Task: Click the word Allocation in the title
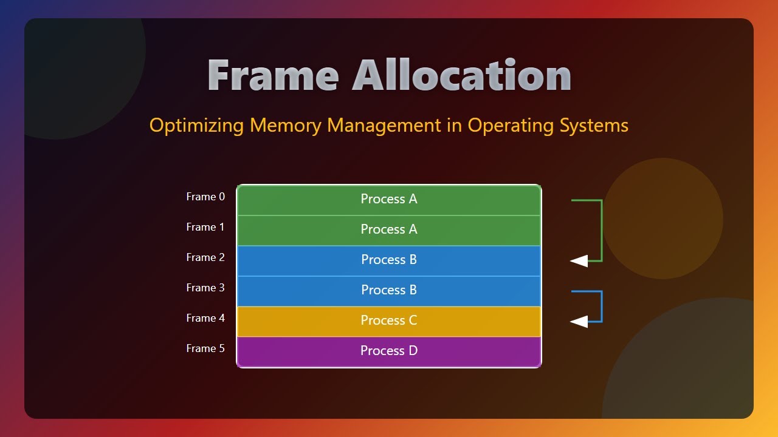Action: (462, 76)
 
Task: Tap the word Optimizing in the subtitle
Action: (197, 126)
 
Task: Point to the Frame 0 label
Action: (205, 197)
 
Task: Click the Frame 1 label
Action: (205, 227)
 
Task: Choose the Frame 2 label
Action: (205, 257)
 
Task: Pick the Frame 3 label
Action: (205, 288)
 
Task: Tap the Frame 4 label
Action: (205, 318)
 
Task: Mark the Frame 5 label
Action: (205, 348)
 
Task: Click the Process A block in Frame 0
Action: (389, 200)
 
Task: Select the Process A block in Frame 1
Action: (389, 230)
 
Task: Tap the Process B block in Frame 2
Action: (389, 260)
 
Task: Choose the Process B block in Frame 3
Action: (389, 291)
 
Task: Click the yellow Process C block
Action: (389, 321)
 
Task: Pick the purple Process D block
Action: (389, 351)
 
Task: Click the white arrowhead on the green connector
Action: (579, 261)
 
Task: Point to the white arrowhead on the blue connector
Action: (579, 322)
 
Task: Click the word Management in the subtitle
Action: (384, 126)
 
